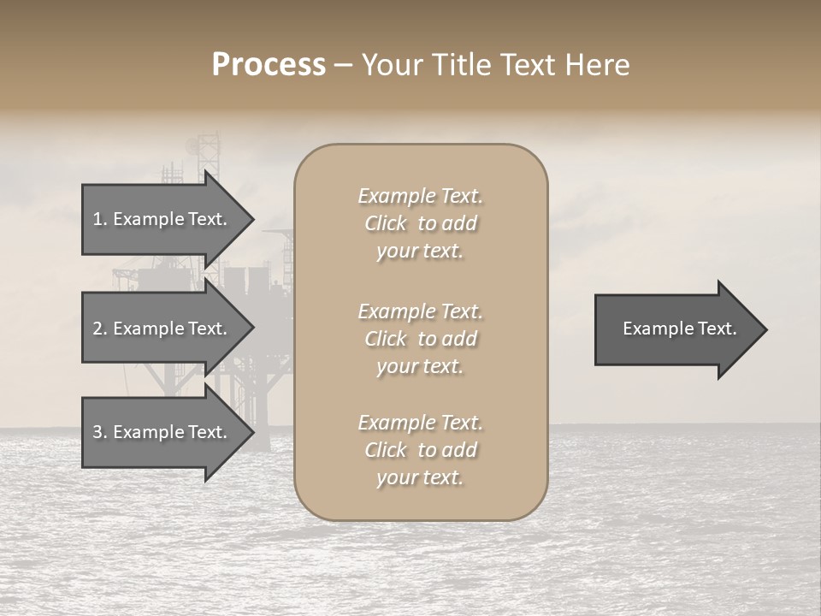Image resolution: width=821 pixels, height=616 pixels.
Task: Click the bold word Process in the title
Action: coord(269,65)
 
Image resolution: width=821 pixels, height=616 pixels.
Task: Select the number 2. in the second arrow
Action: coord(99,329)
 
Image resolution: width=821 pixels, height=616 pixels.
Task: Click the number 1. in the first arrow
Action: coord(99,219)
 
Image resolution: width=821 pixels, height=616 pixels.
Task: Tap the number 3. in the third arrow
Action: coord(99,432)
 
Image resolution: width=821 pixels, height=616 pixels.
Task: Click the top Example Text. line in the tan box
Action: coord(420,196)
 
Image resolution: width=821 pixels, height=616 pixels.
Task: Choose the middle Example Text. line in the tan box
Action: coord(420,311)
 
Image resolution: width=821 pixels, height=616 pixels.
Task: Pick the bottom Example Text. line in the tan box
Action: coord(420,423)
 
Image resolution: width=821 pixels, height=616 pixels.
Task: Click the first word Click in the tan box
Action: coord(386,223)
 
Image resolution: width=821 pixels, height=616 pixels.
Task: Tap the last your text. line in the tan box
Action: coord(420,478)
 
